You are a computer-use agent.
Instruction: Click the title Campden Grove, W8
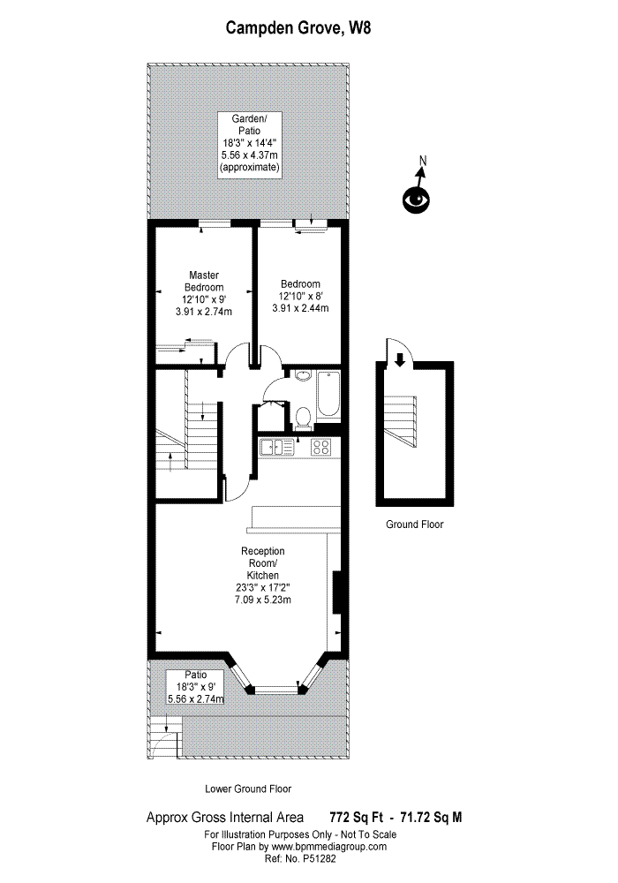point(298,28)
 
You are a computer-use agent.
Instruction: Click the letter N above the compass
point(423,161)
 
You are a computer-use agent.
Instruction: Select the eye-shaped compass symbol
point(415,200)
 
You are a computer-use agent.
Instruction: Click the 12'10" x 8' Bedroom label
point(300,296)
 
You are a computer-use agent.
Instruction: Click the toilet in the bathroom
point(302,415)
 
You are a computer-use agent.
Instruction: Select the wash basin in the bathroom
point(302,375)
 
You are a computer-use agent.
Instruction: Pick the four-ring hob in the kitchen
point(320,447)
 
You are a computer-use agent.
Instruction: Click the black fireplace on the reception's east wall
point(335,592)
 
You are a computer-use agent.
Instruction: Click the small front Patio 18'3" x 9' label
point(195,686)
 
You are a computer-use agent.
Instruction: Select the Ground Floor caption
point(414,525)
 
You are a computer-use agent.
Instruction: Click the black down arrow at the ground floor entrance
point(400,358)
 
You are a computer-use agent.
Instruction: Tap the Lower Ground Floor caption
point(248,789)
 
